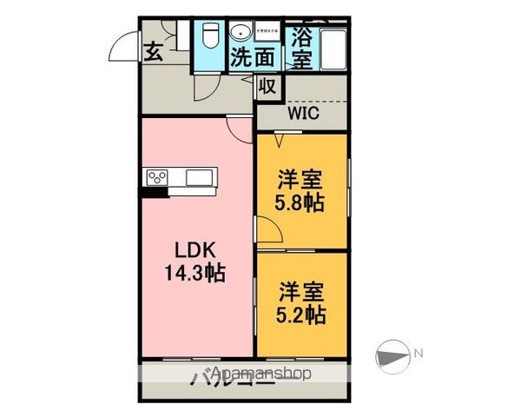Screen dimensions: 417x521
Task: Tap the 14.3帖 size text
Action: click(196, 272)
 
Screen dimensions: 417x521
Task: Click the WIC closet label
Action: click(304, 113)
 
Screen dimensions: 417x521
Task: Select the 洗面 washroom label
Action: click(253, 58)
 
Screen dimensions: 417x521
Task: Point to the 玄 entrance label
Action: click(153, 51)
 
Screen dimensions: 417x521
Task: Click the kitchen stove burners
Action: click(158, 178)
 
